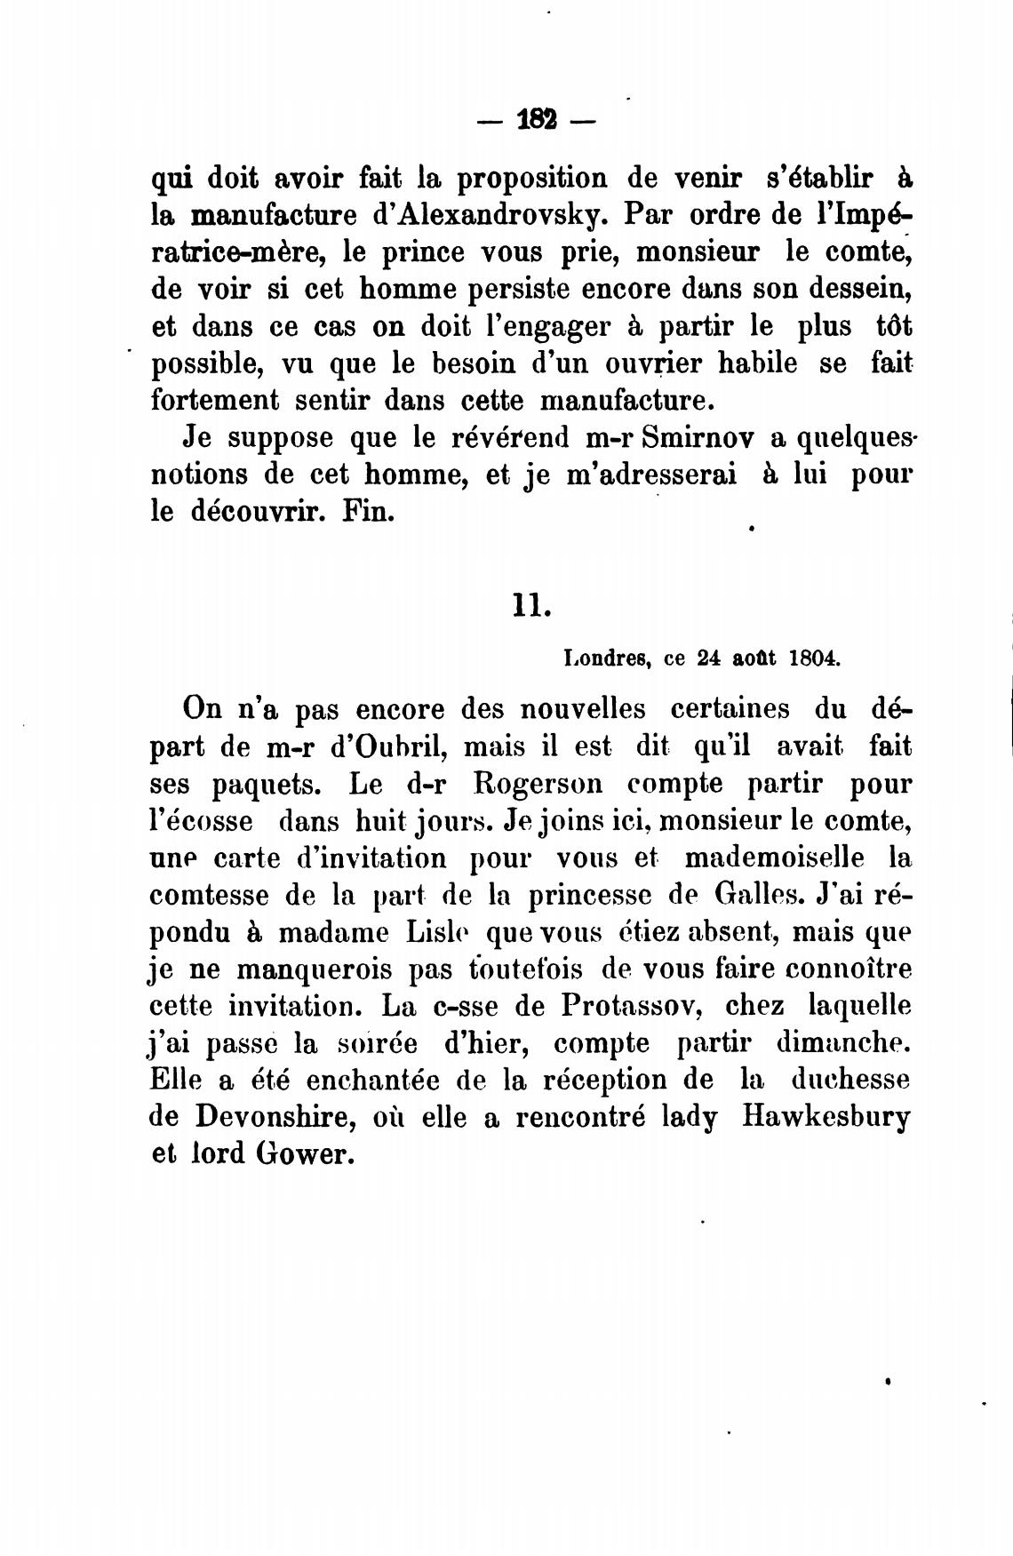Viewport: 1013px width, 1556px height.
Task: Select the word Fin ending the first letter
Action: tap(367, 513)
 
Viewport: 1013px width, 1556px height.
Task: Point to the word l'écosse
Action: tap(201, 820)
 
